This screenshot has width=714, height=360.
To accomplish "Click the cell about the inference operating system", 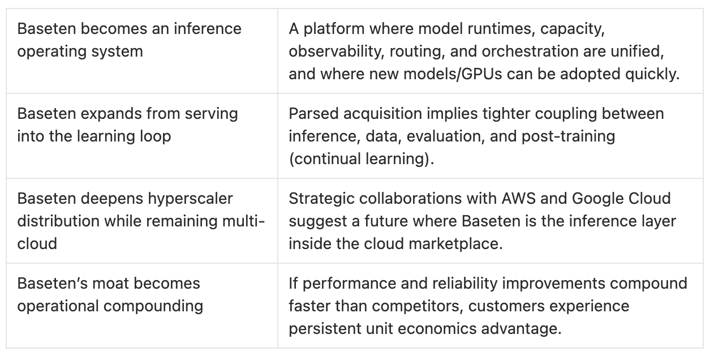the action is point(141,51).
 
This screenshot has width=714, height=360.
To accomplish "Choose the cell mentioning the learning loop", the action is point(141,136).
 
